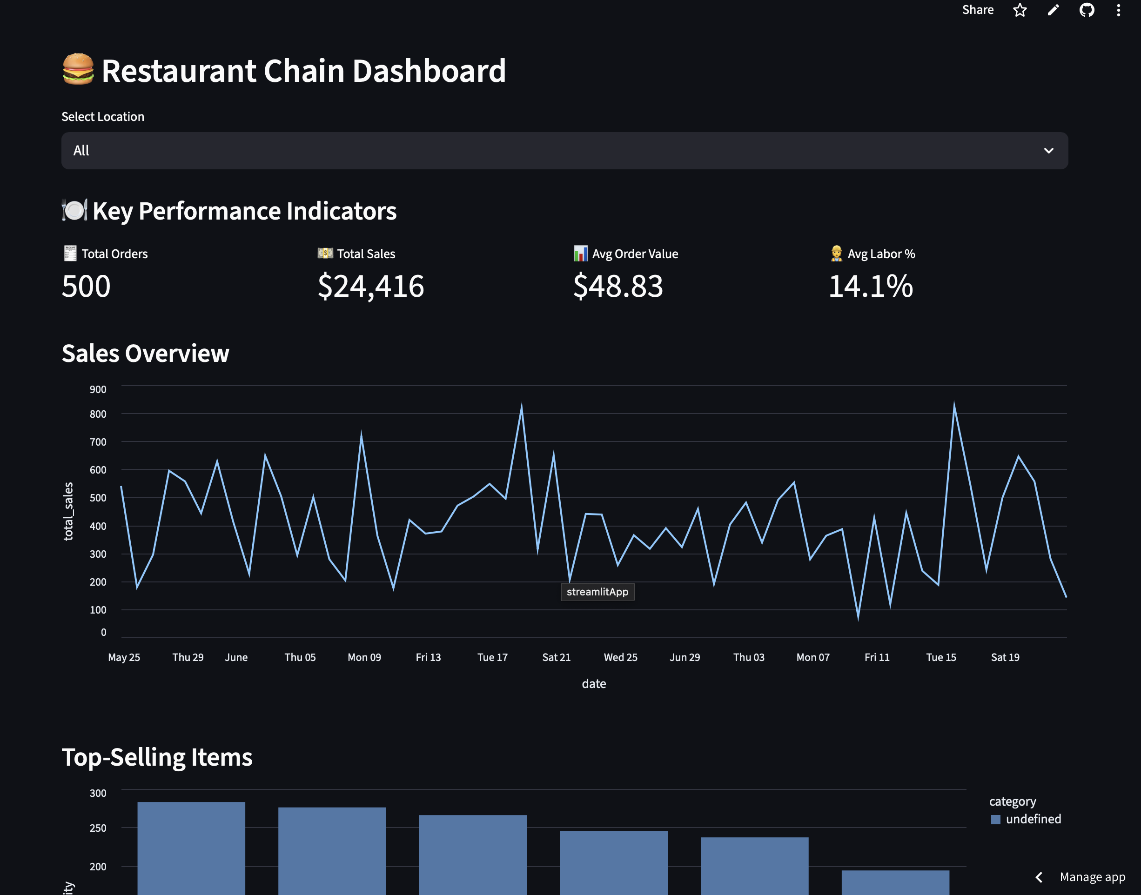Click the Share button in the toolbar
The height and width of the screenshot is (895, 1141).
coord(978,10)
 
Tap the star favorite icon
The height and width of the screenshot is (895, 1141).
coord(1020,10)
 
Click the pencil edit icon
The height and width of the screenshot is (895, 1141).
coord(1053,10)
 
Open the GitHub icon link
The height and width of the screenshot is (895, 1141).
coord(1087,10)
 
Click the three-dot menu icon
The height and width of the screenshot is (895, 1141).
coord(1118,10)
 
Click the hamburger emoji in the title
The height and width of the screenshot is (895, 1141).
coord(78,69)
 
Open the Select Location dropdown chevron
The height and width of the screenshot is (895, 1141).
coord(1048,151)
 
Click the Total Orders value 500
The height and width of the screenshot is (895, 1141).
coord(86,286)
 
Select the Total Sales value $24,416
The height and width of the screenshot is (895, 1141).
coord(370,286)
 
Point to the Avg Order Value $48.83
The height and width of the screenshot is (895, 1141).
coord(618,286)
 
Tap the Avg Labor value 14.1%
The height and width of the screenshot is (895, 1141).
coord(871,286)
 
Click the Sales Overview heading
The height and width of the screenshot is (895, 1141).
coord(145,353)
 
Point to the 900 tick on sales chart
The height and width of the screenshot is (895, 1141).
coord(98,389)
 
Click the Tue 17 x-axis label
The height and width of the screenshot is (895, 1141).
coord(492,657)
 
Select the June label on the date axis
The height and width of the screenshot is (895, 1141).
coord(236,657)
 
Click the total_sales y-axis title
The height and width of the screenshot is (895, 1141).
coord(68,511)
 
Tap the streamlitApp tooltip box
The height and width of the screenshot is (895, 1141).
coord(597,592)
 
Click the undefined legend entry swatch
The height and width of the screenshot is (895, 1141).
coord(995,820)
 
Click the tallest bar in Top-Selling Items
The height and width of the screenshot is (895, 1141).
coord(191,849)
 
